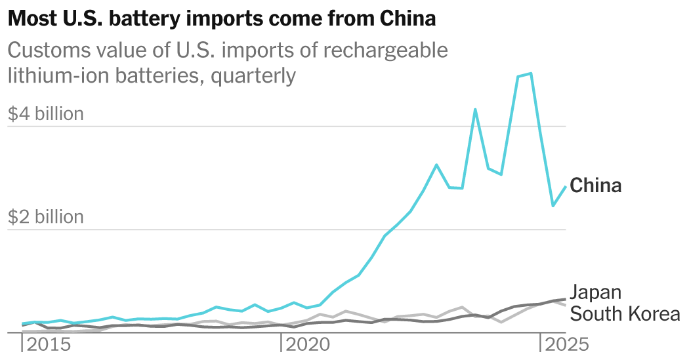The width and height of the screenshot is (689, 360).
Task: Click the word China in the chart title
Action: [x=407, y=19]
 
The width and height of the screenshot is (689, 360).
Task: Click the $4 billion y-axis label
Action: [x=46, y=114]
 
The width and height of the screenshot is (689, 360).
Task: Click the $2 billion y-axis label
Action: [x=46, y=217]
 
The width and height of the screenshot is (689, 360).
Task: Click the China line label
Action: [x=595, y=186]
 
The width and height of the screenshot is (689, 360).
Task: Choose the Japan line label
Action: [x=595, y=292]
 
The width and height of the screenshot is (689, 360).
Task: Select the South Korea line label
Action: [x=625, y=314]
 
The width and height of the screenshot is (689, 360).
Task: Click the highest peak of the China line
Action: [x=530, y=73]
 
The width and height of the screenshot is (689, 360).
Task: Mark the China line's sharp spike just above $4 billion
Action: [x=475, y=110]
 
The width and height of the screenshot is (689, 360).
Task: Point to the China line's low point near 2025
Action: [x=553, y=206]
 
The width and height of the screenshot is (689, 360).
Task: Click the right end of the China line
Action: [x=566, y=187]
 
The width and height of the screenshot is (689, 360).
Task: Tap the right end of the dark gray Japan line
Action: [x=566, y=299]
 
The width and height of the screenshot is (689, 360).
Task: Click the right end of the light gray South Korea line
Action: [x=566, y=306]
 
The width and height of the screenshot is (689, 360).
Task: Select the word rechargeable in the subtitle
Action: [x=390, y=50]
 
